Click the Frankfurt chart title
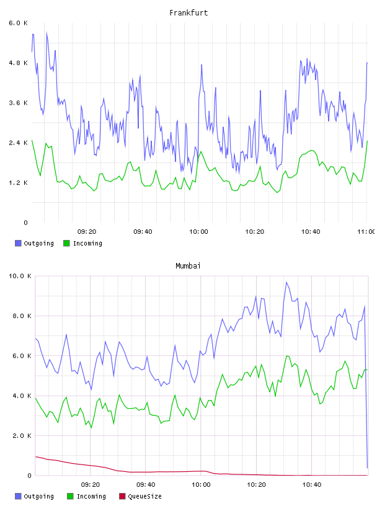coord(188,13)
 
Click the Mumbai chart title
coord(188,266)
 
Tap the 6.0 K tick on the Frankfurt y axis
coord(19,23)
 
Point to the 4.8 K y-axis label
coord(19,63)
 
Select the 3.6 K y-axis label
coord(19,103)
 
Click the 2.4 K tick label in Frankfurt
coord(19,143)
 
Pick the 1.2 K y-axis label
coord(19,183)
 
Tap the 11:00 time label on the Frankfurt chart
coord(366,232)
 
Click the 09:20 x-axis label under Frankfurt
coord(87,232)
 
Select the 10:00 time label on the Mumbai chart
coord(201,485)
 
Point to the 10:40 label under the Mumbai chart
coord(312,485)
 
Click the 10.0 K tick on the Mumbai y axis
coord(20,276)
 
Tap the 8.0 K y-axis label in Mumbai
coord(22,316)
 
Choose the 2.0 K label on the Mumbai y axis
coord(22,436)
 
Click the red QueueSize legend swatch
coord(122,496)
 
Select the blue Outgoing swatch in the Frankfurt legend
coord(18,243)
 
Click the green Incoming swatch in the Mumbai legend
coord(69,496)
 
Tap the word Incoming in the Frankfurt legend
coord(87,244)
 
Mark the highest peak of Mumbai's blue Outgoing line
coord(286,282)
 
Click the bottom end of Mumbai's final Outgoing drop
coord(367,468)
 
